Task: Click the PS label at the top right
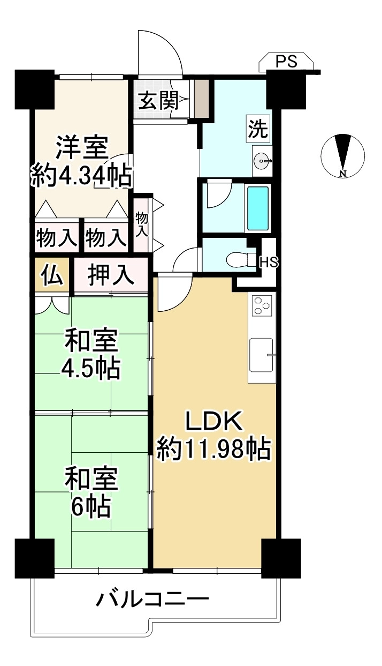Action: (286, 61)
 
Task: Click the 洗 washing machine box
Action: (258, 128)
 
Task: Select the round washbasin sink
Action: (262, 161)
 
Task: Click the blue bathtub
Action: (258, 208)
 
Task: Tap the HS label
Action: (269, 262)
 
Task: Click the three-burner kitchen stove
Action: (262, 305)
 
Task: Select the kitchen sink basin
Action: (261, 355)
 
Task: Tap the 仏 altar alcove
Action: (52, 275)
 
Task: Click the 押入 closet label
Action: (110, 275)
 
